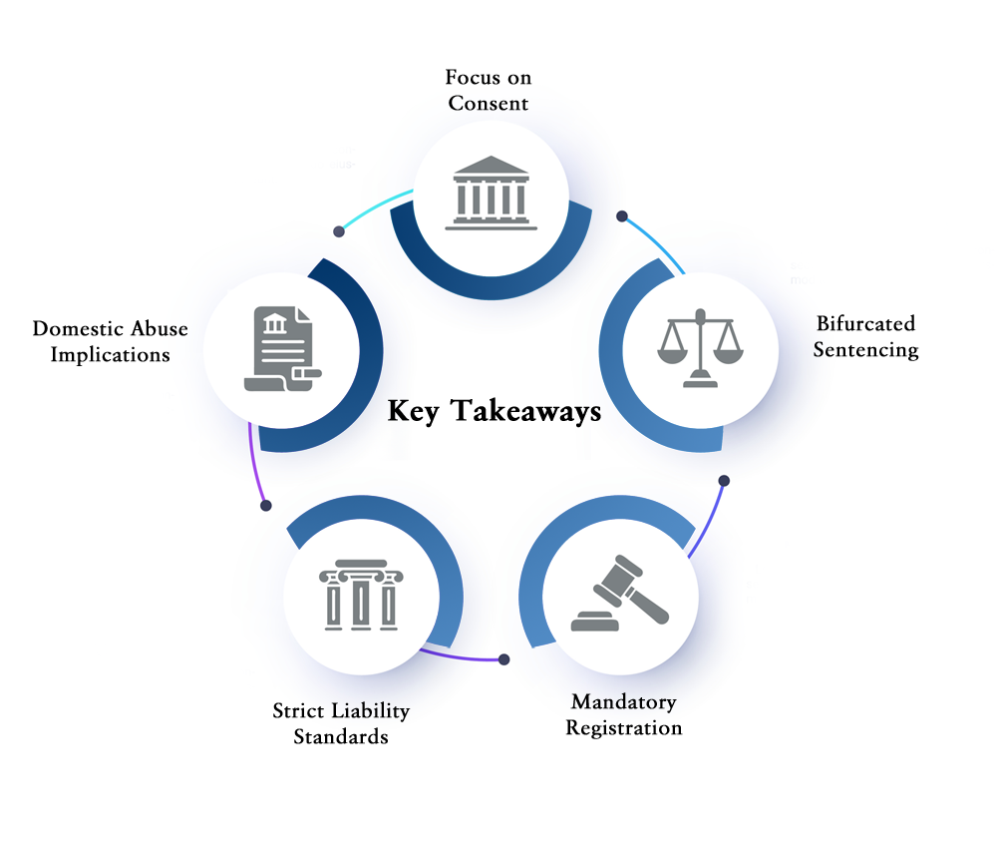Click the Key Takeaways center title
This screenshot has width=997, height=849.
click(x=495, y=411)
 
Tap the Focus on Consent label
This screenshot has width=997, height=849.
click(x=489, y=91)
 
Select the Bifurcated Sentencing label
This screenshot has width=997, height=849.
click(x=866, y=336)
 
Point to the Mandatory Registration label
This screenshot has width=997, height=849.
click(x=624, y=714)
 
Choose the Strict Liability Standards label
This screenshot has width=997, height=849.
click(x=341, y=723)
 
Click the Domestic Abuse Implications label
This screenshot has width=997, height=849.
click(x=110, y=341)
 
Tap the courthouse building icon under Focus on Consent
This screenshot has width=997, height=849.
click(x=491, y=193)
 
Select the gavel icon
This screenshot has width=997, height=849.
click(x=620, y=594)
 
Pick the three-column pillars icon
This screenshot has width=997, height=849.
click(x=361, y=595)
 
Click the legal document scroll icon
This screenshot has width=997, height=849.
click(x=283, y=349)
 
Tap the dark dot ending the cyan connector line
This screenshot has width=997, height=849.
click(x=339, y=231)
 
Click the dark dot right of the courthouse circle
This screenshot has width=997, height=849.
click(x=622, y=216)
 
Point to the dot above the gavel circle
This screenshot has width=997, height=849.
click(x=724, y=481)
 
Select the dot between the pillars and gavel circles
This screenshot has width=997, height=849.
click(x=504, y=659)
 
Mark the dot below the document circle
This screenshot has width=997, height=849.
click(x=266, y=506)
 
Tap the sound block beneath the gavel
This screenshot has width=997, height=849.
click(x=595, y=622)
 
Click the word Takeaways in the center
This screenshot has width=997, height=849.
click(x=526, y=411)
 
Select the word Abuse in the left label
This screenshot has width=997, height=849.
click(x=160, y=328)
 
